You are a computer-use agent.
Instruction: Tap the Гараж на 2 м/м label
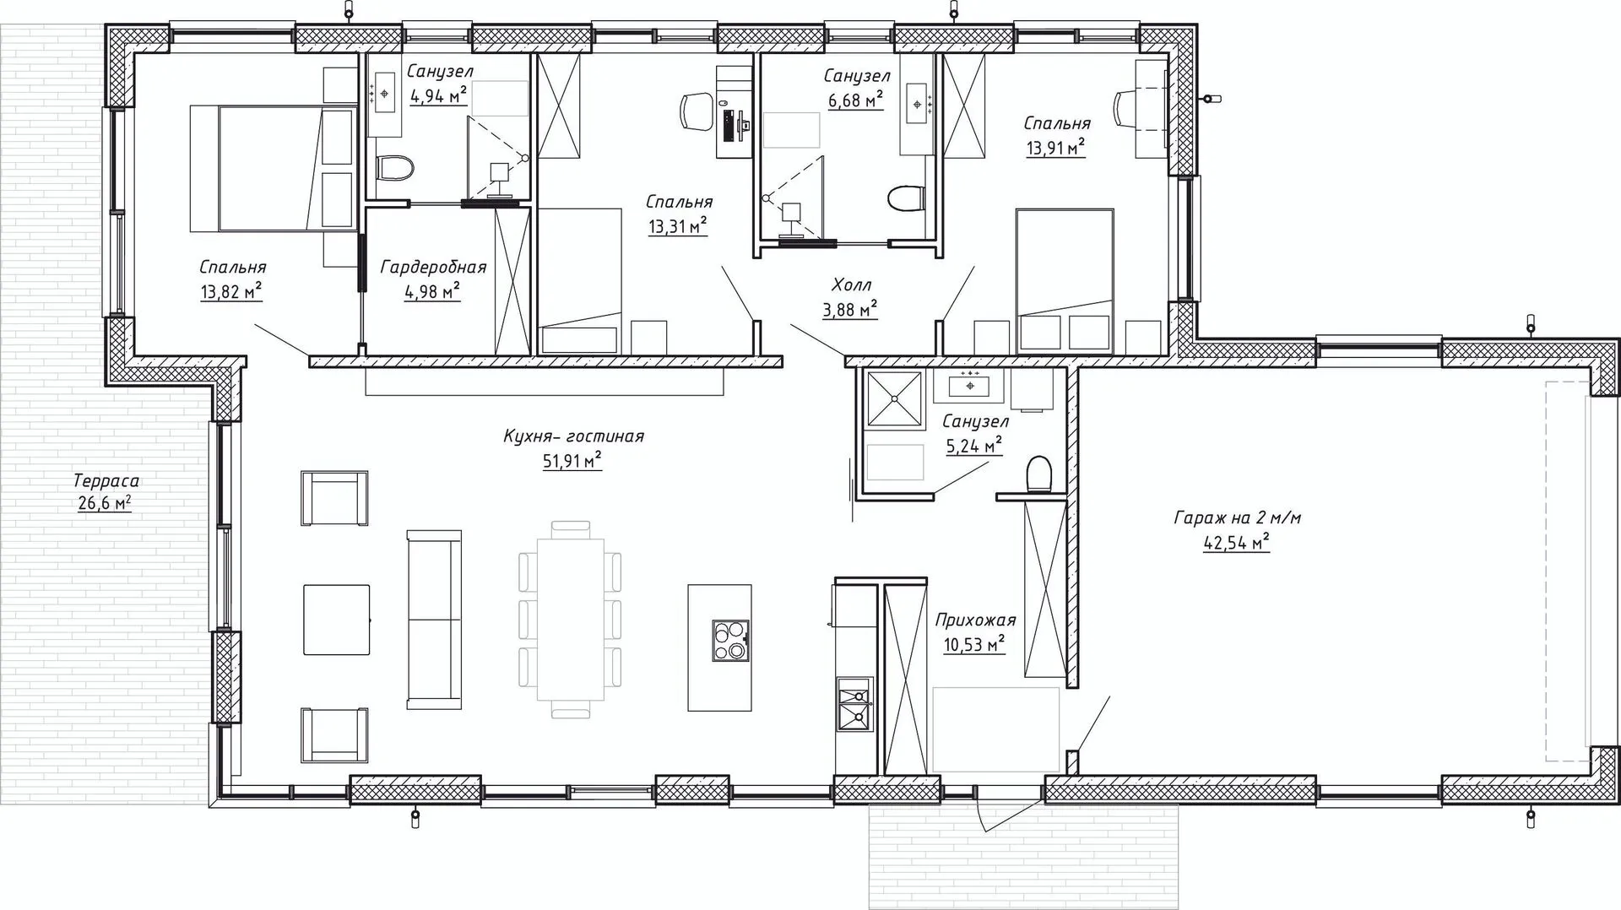click(x=1237, y=517)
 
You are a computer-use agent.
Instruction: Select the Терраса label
click(x=106, y=481)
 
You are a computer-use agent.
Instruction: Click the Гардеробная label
click(x=433, y=268)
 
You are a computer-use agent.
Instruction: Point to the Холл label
click(x=851, y=285)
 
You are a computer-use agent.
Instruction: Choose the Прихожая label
click(x=975, y=620)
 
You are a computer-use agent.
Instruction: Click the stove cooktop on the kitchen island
click(x=731, y=640)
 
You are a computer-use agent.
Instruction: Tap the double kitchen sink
click(x=856, y=705)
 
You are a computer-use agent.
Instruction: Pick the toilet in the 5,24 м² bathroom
click(x=1038, y=474)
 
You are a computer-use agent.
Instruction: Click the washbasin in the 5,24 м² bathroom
click(x=971, y=385)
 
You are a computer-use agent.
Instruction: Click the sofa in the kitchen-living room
click(x=434, y=620)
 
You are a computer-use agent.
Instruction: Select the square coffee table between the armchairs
click(x=337, y=620)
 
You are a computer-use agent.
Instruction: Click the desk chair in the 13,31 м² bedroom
click(x=697, y=112)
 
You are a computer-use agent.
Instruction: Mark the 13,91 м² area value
click(x=1054, y=149)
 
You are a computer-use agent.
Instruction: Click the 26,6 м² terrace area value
click(x=106, y=504)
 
